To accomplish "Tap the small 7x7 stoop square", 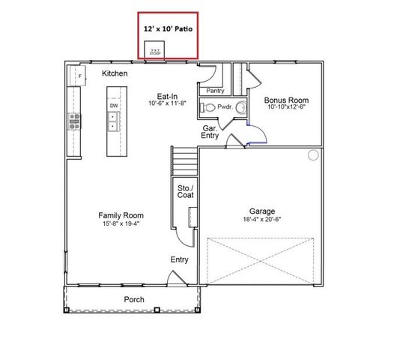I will click(x=156, y=51).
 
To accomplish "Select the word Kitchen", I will click(x=115, y=73).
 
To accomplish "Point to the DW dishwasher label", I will click(x=114, y=106).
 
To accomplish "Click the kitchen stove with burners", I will click(x=75, y=121).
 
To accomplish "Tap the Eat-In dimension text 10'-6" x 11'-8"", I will click(x=166, y=104).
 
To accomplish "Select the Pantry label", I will click(x=215, y=91).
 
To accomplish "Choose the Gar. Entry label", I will click(x=210, y=132).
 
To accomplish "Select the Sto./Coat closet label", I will click(x=184, y=191).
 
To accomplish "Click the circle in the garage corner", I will click(x=313, y=155).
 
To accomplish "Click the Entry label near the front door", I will click(x=179, y=259).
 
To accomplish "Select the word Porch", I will click(x=134, y=299).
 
